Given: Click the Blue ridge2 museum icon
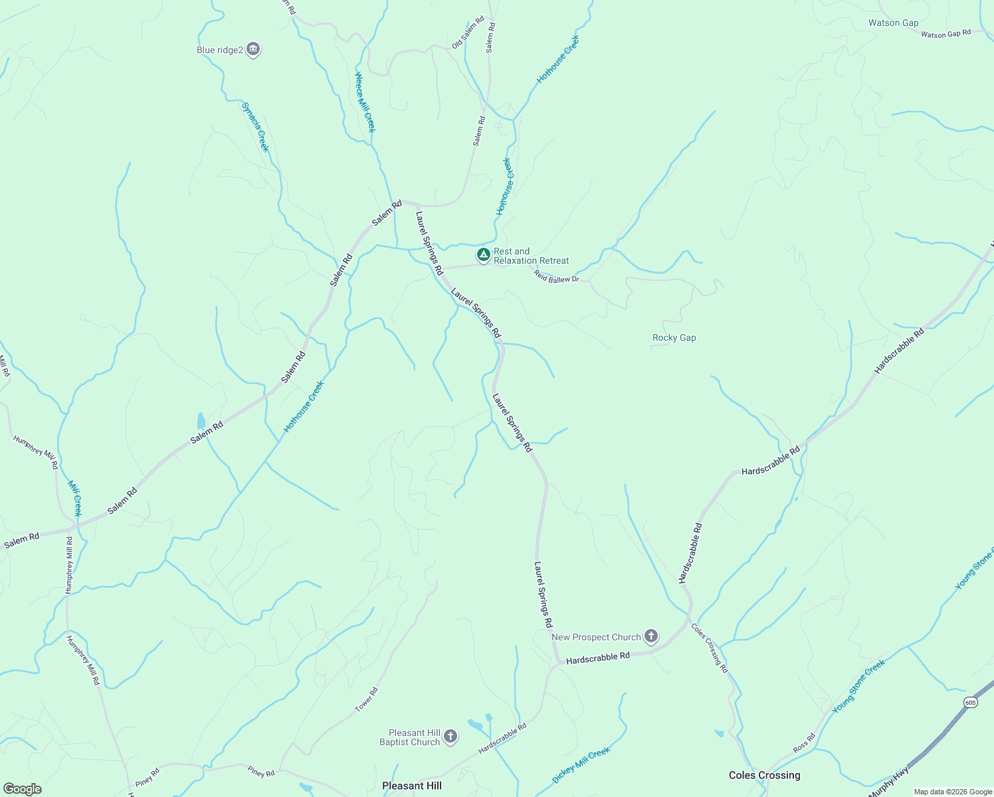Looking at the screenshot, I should (252, 49).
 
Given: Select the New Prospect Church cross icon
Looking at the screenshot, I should (651, 637).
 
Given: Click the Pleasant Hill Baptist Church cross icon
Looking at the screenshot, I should (450, 736).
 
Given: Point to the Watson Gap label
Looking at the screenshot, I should (893, 23).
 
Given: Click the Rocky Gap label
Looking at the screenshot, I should (674, 337).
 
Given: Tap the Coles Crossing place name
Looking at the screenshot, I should (764, 775).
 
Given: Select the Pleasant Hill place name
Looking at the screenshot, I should (411, 786).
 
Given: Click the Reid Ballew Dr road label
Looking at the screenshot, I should (556, 278).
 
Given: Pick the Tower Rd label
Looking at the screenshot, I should (366, 700).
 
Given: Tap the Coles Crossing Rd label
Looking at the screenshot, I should (710, 648).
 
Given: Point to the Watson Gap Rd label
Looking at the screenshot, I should (945, 34).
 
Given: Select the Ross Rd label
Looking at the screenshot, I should (804, 743).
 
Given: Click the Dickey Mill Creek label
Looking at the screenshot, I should (581, 765).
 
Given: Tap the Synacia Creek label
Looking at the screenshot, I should (255, 127).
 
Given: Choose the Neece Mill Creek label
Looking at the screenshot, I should (365, 102).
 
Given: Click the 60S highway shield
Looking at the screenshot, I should (970, 702).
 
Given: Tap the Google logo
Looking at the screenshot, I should (22, 789).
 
